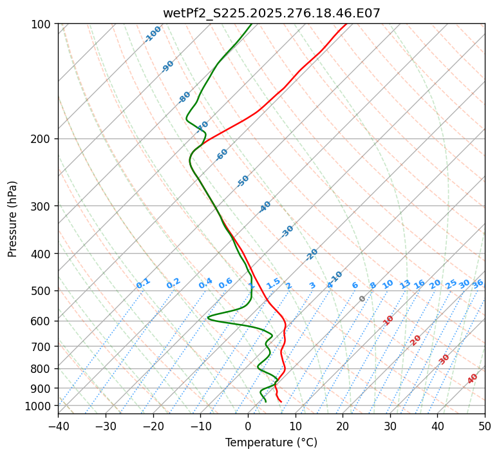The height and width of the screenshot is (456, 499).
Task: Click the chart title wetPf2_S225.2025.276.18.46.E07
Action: (x=271, y=12)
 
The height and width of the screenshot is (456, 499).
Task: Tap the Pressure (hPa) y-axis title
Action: (x=13, y=219)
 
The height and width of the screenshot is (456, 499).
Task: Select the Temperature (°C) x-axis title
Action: (x=271, y=442)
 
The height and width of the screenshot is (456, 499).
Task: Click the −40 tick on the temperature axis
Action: (x=58, y=426)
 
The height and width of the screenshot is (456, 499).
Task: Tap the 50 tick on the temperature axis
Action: (x=485, y=426)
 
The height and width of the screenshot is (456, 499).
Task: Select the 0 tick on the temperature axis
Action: (x=248, y=426)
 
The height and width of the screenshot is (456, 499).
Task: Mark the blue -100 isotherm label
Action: (x=153, y=33)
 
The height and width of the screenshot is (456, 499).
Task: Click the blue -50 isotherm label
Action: (x=243, y=181)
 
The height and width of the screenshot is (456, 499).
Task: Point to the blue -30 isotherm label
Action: (x=288, y=231)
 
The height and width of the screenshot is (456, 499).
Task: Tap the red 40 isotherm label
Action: (x=473, y=379)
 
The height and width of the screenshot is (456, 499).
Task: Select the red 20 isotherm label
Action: (x=416, y=339)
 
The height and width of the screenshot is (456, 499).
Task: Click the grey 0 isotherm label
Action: (x=362, y=299)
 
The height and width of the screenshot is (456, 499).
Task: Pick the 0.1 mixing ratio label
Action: (x=143, y=283)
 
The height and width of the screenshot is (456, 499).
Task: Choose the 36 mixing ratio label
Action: (x=478, y=283)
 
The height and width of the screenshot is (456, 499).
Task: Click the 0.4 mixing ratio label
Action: (x=205, y=283)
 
